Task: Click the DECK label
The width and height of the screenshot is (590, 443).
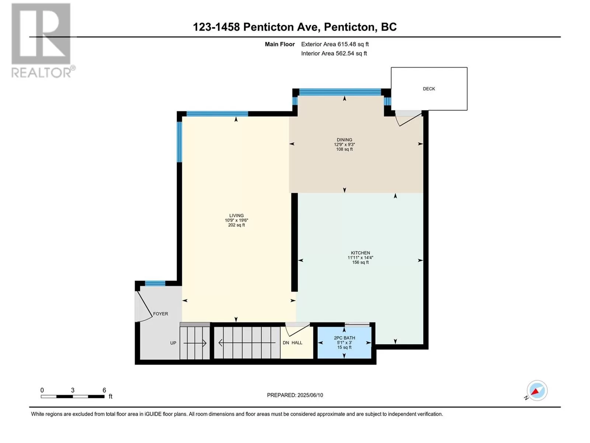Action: pyautogui.click(x=429, y=89)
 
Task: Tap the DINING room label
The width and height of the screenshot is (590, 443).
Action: pyautogui.click(x=344, y=140)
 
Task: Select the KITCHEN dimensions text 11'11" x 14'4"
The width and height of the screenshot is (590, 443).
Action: pyautogui.click(x=360, y=257)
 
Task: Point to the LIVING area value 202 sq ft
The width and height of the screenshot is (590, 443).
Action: pyautogui.click(x=236, y=225)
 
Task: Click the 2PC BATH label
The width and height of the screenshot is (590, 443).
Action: pyautogui.click(x=344, y=337)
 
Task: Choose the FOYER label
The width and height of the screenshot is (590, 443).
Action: pyautogui.click(x=160, y=314)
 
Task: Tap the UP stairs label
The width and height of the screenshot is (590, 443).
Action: pyautogui.click(x=173, y=343)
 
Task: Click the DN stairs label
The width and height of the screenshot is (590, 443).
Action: pyautogui.click(x=286, y=343)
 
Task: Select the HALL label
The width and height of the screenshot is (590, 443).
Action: pyautogui.click(x=297, y=343)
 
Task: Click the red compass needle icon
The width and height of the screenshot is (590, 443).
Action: pyautogui.click(x=535, y=392)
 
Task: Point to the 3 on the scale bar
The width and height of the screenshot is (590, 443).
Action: pyautogui.click(x=73, y=390)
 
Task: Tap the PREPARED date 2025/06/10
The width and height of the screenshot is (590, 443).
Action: pyautogui.click(x=310, y=395)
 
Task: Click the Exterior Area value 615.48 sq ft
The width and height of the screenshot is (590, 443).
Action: pyautogui.click(x=353, y=44)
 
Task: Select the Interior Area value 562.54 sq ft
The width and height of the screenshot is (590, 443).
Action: pyautogui.click(x=351, y=53)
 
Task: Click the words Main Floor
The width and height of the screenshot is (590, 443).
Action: pyautogui.click(x=280, y=44)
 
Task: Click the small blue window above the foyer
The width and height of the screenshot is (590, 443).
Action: pyautogui.click(x=155, y=283)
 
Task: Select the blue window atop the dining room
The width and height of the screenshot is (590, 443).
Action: pyautogui.click(x=340, y=92)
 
